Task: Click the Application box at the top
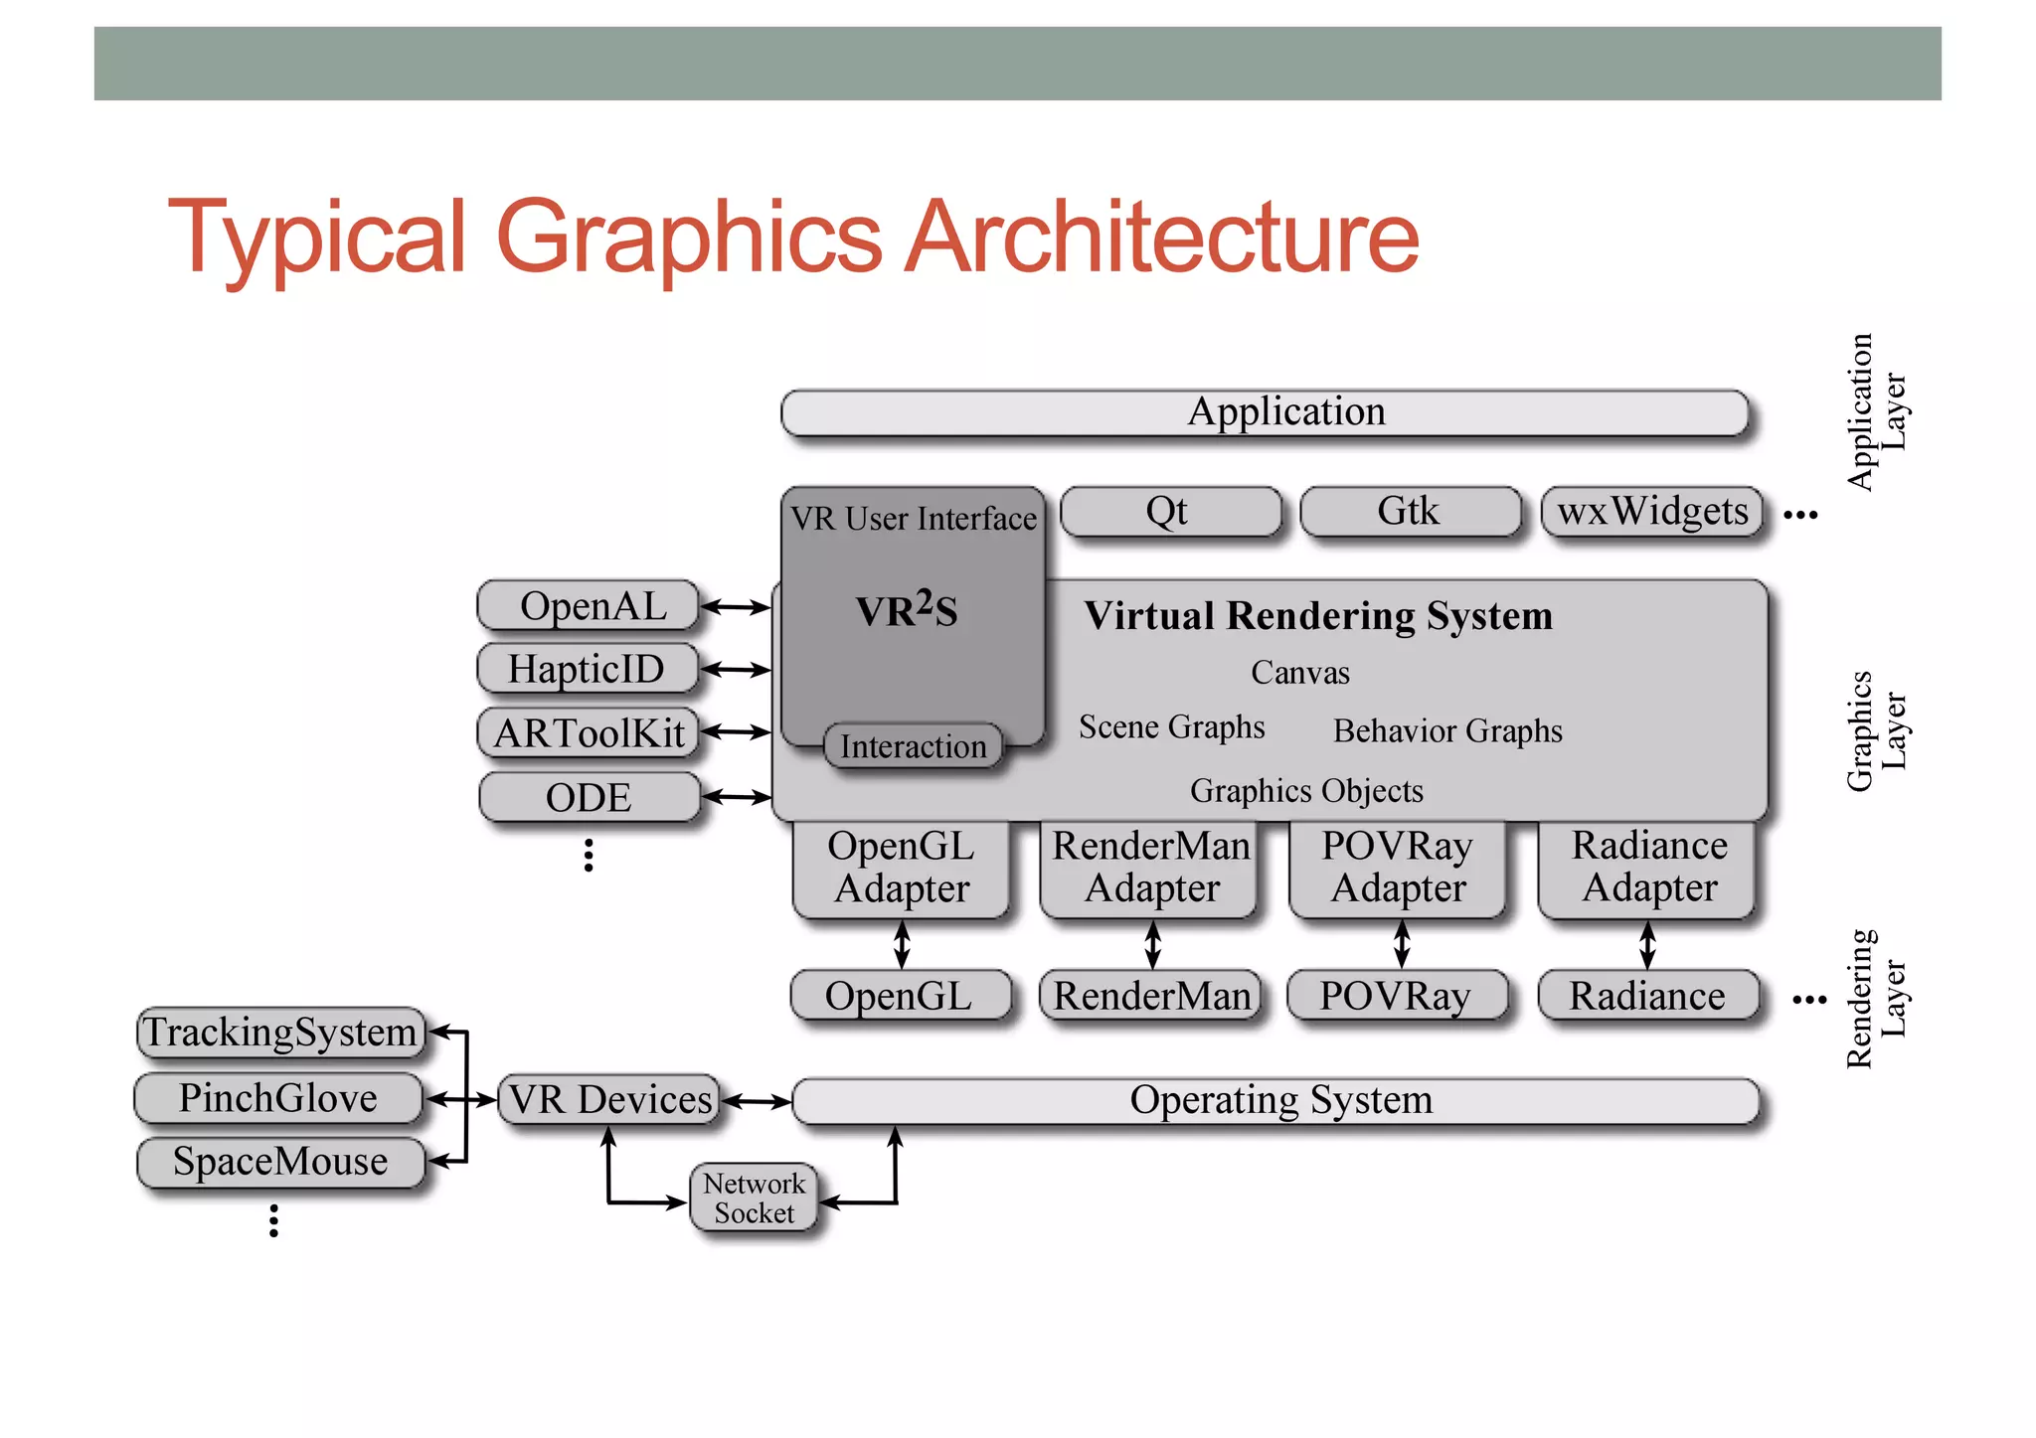1265,412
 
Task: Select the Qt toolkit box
1170,512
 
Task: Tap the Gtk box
1410,512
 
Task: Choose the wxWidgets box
1651,512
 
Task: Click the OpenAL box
589,606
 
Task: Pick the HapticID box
587,669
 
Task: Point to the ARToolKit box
589,733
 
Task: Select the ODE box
589,797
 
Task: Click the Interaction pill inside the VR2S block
913,746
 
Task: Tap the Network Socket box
755,1198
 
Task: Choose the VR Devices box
608,1100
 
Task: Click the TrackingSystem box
280,1033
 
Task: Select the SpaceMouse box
280,1162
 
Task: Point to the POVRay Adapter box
1398,868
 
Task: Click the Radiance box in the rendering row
1647,996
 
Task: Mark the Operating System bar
1276,1101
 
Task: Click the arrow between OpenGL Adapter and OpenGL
902,944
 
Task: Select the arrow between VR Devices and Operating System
756,1101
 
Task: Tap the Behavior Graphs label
1447,731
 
